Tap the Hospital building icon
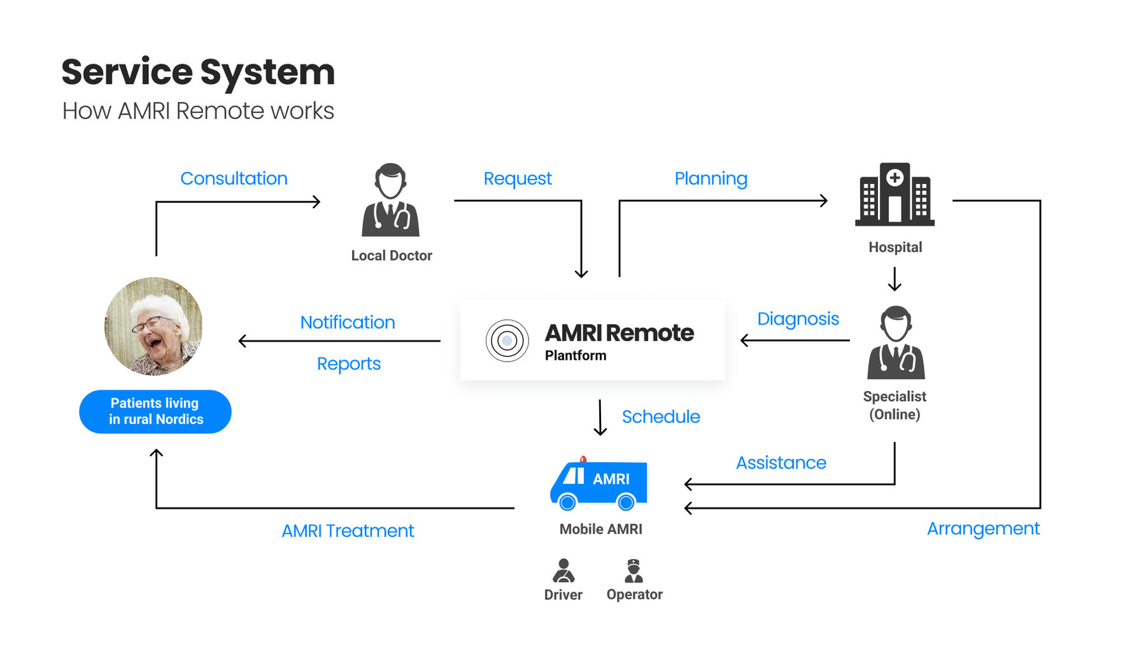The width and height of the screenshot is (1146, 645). [895, 194]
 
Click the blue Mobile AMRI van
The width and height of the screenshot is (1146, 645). [598, 485]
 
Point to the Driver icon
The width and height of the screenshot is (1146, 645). [563, 571]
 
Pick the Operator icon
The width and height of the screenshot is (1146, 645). [633, 571]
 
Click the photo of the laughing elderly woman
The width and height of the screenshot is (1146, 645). [153, 326]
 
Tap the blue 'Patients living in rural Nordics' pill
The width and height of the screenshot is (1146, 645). [155, 411]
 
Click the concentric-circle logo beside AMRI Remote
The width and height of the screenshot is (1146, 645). [507, 341]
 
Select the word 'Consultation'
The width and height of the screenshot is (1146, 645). [234, 178]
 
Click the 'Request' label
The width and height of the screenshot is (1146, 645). [518, 178]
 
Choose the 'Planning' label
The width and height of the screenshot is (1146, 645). [711, 178]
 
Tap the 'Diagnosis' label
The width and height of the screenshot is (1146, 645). [798, 318]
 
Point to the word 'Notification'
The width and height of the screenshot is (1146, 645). [348, 322]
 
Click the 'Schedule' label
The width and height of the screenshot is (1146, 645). [661, 416]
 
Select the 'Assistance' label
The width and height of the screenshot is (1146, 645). [781, 462]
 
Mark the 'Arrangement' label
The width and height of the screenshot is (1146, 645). [983, 528]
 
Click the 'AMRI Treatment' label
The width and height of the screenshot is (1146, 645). [348, 530]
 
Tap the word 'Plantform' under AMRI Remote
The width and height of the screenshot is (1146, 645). [576, 355]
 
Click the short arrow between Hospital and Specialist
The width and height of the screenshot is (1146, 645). [895, 279]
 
